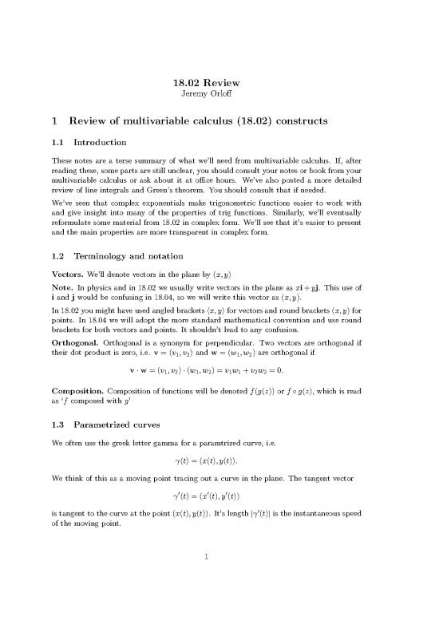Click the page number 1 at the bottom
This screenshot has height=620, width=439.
(x=219, y=591)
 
